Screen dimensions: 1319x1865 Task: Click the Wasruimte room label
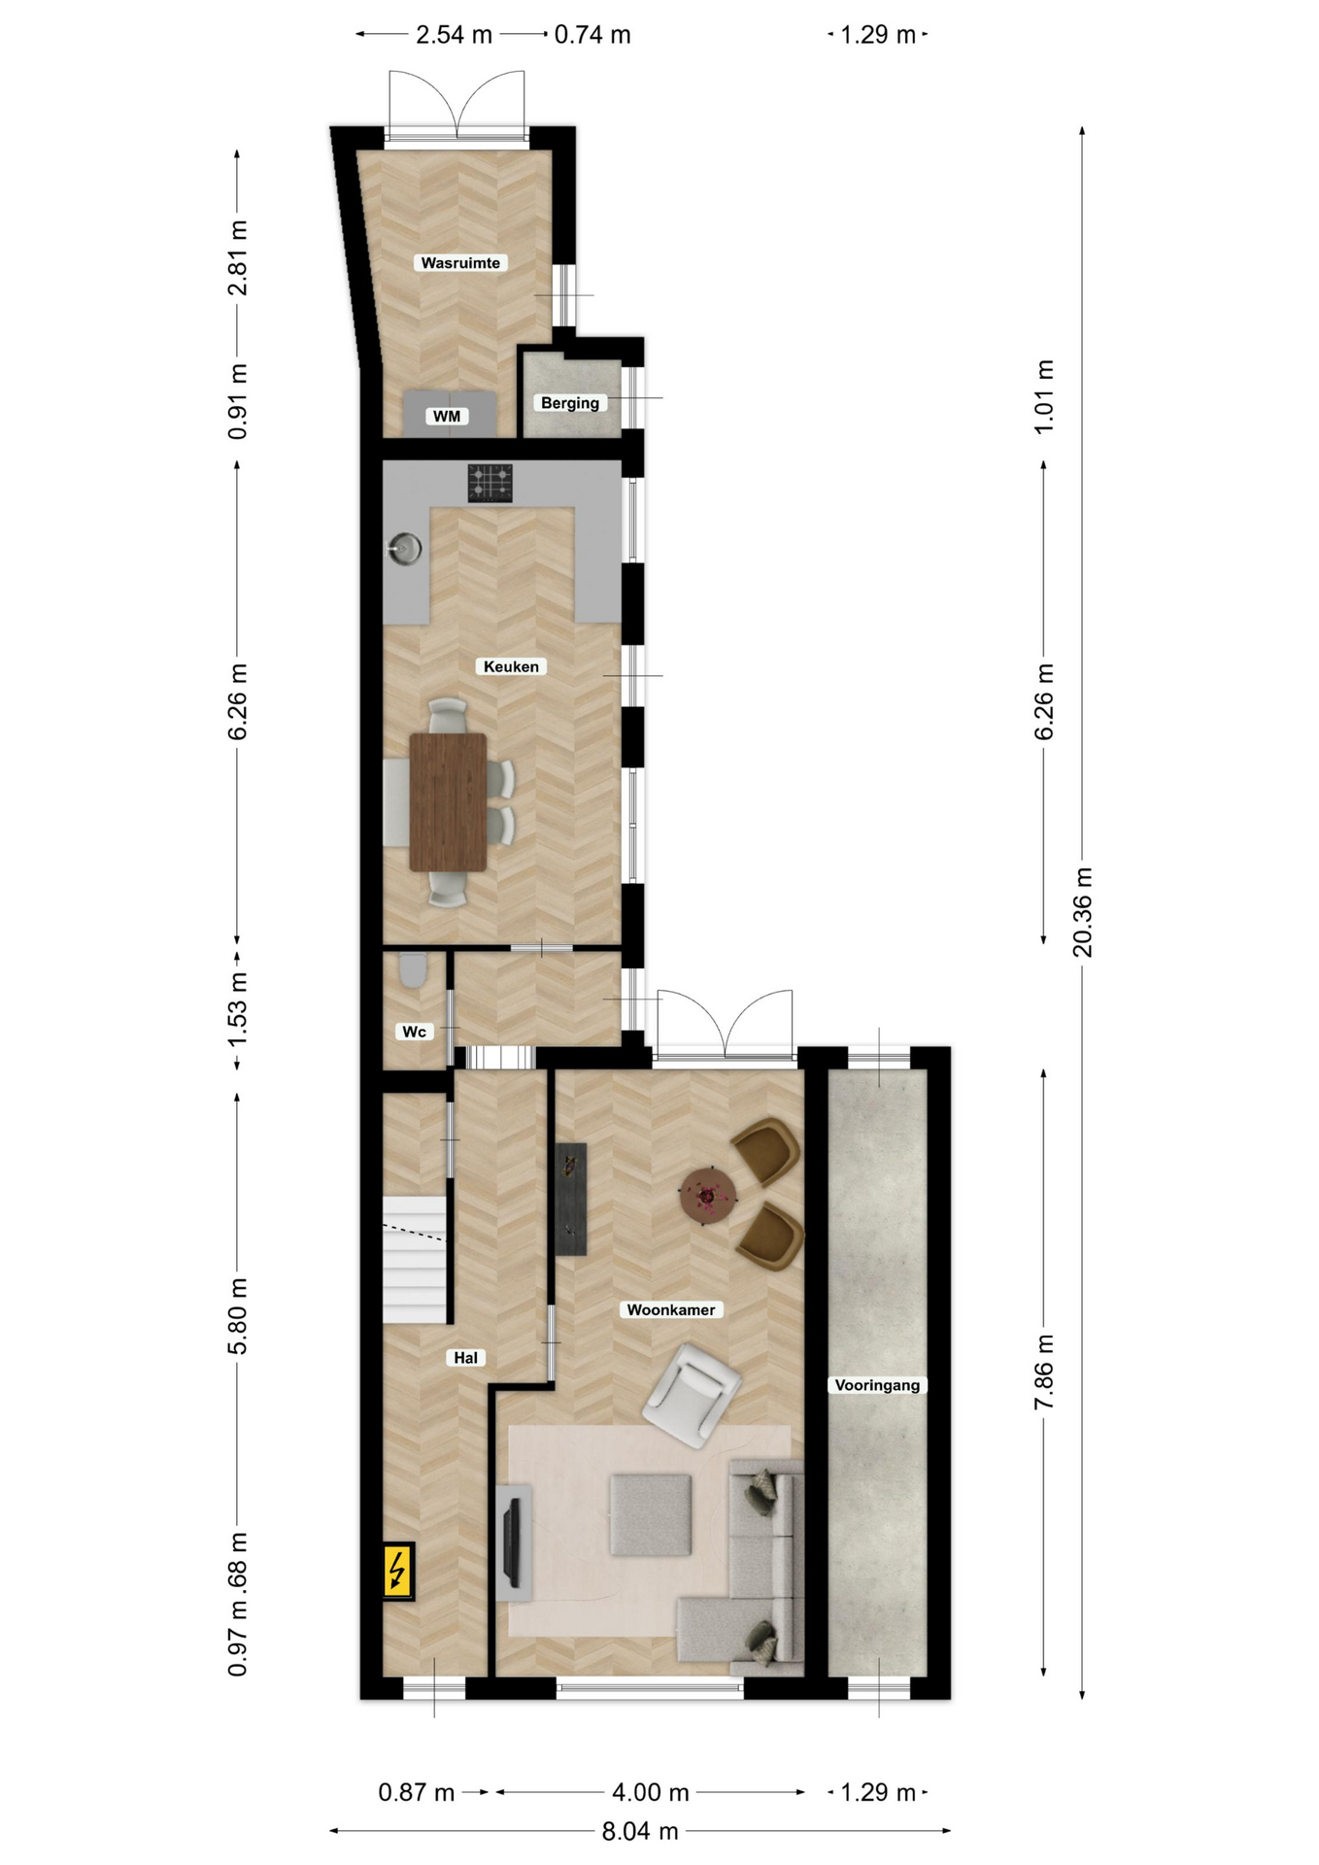[460, 262]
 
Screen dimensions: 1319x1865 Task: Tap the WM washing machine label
[447, 416]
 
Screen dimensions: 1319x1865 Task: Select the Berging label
[570, 402]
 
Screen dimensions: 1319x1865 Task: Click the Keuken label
[511, 666]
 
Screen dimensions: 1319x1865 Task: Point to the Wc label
[415, 1031]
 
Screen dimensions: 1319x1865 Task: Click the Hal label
[466, 1358]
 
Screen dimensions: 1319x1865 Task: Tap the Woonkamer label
[671, 1309]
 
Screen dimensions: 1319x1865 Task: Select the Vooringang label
[877, 1385]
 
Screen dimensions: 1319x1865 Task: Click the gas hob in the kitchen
[490, 483]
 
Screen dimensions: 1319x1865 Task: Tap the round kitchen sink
[406, 549]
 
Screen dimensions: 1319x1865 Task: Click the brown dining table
[448, 801]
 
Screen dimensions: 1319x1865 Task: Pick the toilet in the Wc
[413, 970]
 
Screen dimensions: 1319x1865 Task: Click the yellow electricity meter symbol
[397, 1571]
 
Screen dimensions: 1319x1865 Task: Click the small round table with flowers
[709, 1195]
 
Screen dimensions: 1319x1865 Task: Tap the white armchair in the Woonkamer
[692, 1396]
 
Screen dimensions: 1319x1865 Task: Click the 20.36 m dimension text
[1082, 912]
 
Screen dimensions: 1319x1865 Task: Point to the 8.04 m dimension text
[640, 1831]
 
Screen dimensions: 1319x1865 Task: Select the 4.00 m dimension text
[651, 1792]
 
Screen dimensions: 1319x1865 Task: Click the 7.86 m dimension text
[1044, 1372]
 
